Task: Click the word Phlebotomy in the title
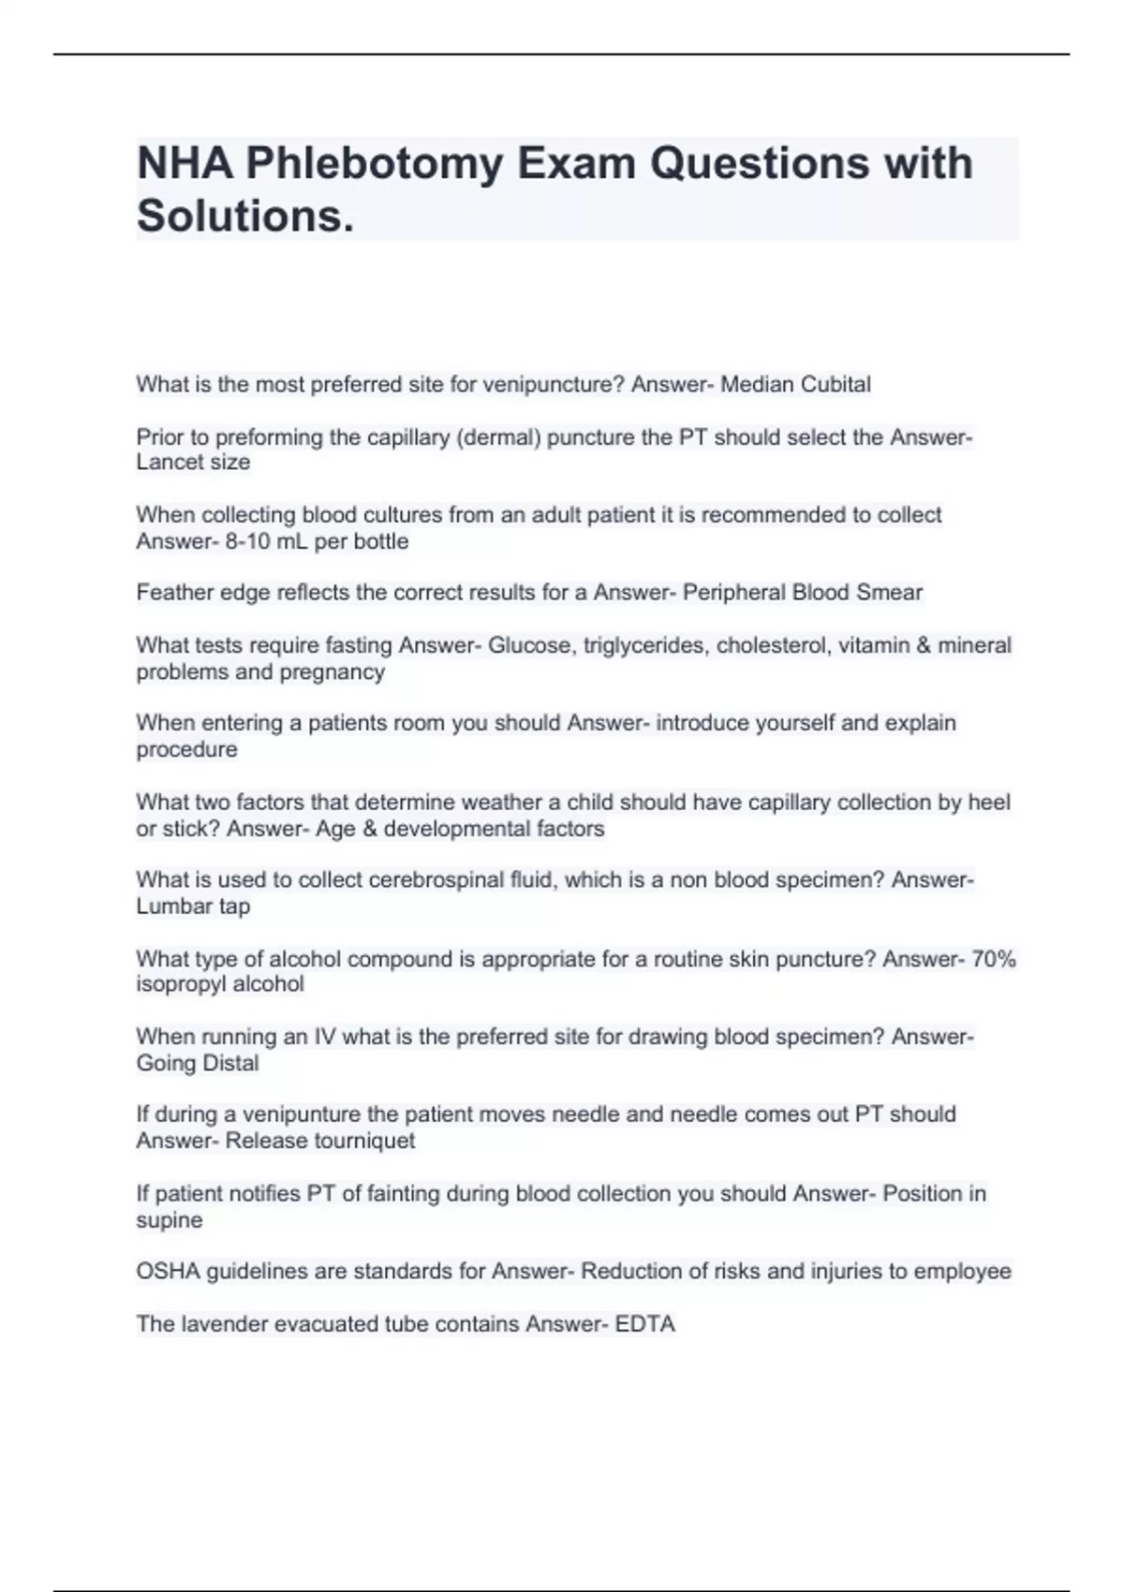374,164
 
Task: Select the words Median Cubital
795,384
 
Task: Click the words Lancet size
193,462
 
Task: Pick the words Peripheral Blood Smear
803,592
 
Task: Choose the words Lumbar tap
193,907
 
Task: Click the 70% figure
994,959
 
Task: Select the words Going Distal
197,1063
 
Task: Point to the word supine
169,1220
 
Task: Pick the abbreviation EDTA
644,1324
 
